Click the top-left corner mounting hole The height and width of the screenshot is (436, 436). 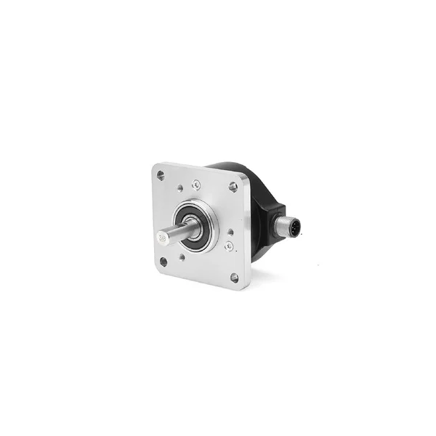[161, 175]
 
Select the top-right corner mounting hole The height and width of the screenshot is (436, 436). [233, 187]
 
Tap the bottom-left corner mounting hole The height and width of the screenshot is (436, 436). [163, 262]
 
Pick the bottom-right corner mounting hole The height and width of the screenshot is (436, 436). [234, 277]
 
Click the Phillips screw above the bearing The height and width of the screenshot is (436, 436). [196, 185]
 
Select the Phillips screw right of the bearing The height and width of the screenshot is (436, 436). [229, 246]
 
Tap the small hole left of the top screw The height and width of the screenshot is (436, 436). [179, 188]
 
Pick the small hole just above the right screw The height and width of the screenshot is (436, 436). [230, 233]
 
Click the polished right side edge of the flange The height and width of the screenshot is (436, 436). [246, 240]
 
